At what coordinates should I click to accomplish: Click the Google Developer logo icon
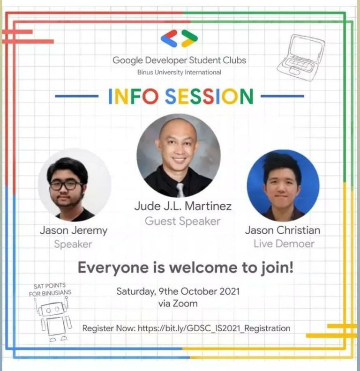[x=179, y=38]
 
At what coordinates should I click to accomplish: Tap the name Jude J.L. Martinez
[x=182, y=206]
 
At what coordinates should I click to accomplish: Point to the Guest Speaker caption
[x=182, y=221]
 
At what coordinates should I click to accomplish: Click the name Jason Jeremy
[x=74, y=230]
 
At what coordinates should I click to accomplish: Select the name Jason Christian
[x=283, y=230]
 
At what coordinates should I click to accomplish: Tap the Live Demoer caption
[x=284, y=244]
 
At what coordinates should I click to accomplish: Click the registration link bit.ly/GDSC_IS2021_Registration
[x=214, y=328]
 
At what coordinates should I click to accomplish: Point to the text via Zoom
[x=178, y=304]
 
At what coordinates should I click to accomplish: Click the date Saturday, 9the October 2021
[x=178, y=291]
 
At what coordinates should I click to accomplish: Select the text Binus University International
[x=179, y=72]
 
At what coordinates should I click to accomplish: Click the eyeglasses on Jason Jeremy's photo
[x=66, y=185]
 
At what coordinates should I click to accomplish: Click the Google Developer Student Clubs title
[x=179, y=60]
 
